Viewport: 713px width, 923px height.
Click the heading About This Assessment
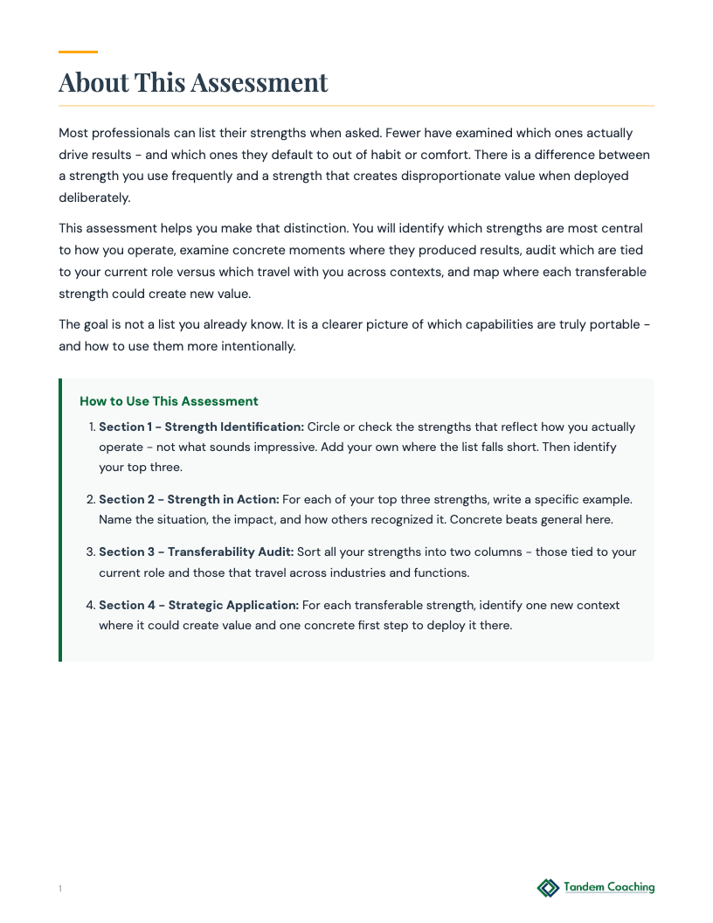(193, 82)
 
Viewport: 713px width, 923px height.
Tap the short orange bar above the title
(78, 52)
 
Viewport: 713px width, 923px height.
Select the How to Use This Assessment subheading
(169, 401)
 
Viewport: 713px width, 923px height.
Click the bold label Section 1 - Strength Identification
(201, 427)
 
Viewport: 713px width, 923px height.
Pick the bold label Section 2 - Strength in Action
(189, 499)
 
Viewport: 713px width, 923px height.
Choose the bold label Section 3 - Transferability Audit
(196, 552)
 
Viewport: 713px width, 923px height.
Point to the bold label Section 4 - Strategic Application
(198, 605)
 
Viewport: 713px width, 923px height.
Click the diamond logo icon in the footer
(548, 888)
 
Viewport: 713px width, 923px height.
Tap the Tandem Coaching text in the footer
(609, 887)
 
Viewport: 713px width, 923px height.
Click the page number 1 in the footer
(60, 889)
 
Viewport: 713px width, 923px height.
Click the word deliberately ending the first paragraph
(94, 198)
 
